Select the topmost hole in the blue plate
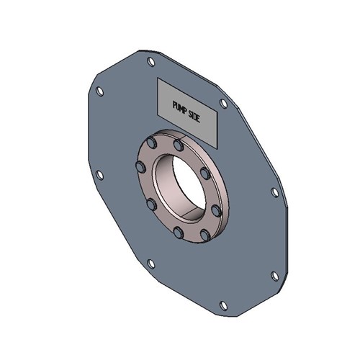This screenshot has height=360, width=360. pyautogui.click(x=150, y=62)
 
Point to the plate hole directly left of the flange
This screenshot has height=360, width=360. pyautogui.click(x=99, y=175)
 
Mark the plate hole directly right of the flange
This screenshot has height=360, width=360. pyautogui.click(x=274, y=192)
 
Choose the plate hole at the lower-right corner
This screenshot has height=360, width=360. pyautogui.click(x=274, y=275)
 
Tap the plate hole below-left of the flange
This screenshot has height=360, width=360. pyautogui.click(x=150, y=263)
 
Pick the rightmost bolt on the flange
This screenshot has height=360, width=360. pyautogui.click(x=216, y=210)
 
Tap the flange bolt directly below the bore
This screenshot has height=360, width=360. pyautogui.click(x=178, y=232)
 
